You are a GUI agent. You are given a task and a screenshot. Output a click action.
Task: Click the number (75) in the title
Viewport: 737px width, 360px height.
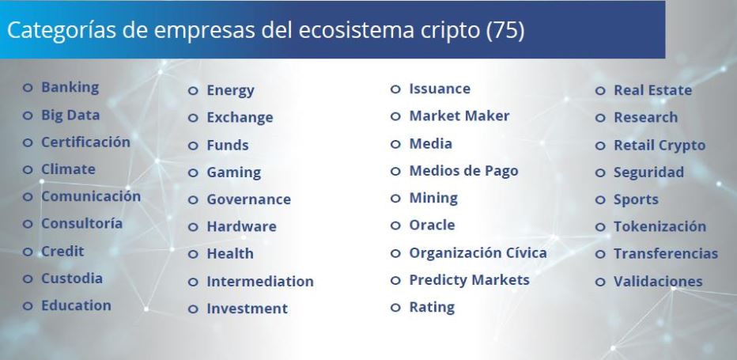[505, 30]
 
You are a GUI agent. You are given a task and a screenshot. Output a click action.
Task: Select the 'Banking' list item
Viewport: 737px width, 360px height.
[70, 88]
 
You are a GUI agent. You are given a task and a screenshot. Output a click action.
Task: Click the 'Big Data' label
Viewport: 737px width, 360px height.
[70, 116]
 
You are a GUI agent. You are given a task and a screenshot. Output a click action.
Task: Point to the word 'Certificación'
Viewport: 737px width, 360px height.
[85, 142]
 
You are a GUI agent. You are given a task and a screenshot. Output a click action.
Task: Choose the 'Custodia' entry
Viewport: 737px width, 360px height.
[72, 279]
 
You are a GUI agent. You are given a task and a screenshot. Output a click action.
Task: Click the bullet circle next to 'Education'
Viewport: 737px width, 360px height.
[28, 306]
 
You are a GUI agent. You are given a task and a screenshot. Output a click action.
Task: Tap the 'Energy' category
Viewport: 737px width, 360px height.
[230, 90]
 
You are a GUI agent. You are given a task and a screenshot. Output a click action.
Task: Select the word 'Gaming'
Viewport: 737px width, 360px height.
[233, 172]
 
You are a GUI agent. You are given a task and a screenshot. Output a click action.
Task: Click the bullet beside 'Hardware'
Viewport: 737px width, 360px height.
[193, 227]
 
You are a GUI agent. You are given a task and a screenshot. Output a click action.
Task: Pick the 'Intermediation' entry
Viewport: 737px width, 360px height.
[260, 282]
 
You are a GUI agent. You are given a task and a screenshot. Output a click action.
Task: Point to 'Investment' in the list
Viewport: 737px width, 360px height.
[248, 309]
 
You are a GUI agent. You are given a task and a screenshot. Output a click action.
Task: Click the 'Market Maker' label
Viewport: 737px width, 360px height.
[459, 116]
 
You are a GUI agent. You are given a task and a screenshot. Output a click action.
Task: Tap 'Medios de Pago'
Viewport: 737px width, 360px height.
[463, 171]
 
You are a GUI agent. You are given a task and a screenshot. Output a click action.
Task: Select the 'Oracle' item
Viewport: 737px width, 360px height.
[432, 225]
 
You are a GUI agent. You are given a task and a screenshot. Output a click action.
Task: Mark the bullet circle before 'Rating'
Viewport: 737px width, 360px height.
[395, 308]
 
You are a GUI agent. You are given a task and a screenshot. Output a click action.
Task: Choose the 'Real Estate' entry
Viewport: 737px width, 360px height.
[652, 90]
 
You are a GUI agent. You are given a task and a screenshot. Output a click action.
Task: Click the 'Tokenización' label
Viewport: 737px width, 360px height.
[660, 226]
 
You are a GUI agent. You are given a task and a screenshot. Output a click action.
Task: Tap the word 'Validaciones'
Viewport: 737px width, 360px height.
[658, 282]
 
